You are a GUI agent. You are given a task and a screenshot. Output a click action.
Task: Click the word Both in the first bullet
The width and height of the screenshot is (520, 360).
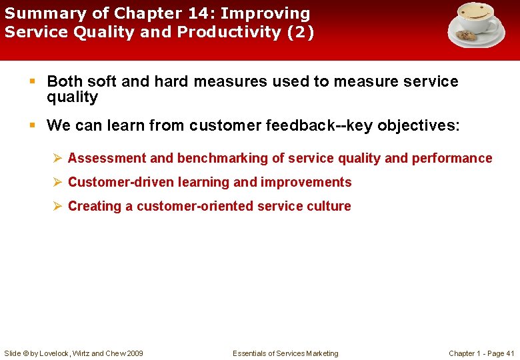(x=65, y=82)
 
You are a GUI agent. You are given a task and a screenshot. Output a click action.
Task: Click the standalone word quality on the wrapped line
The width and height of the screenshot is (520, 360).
(x=72, y=97)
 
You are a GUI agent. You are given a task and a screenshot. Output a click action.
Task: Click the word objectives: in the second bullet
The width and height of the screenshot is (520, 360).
(x=413, y=125)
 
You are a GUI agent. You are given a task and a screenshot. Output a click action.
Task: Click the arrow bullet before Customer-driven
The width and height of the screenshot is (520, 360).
(x=58, y=183)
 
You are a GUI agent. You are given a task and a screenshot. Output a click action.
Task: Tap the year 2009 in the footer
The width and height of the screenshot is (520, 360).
(x=134, y=353)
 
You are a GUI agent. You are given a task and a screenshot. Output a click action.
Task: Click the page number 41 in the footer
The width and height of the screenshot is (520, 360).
(x=510, y=353)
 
